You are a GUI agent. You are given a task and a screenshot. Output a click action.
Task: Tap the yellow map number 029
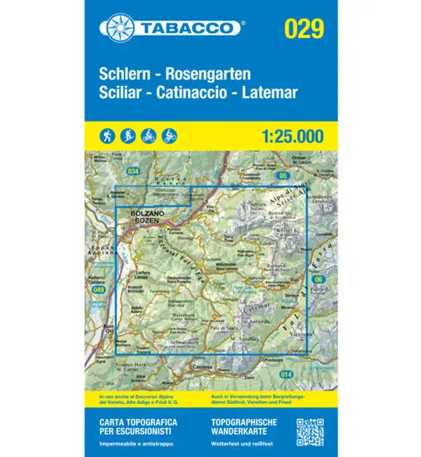click(303, 28)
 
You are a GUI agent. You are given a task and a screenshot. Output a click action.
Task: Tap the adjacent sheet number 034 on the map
click(133, 171)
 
